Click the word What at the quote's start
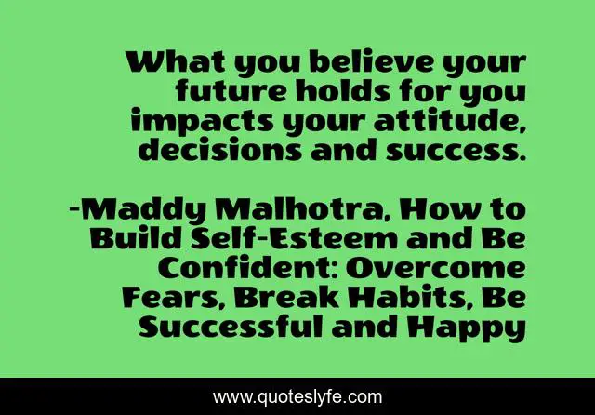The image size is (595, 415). (x=176, y=62)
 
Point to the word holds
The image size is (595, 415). (x=343, y=91)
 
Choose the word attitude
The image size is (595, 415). (x=450, y=121)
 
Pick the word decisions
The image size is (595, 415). (x=219, y=149)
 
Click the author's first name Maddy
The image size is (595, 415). (x=144, y=210)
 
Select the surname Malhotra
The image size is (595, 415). (x=300, y=209)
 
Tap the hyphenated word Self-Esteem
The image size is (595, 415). (x=294, y=238)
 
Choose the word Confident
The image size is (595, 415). (x=247, y=268)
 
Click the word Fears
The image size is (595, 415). (x=174, y=298)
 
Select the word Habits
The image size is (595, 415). (x=411, y=298)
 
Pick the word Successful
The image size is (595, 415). (x=231, y=327)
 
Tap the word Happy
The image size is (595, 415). (x=467, y=328)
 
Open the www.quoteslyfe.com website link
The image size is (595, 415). (x=297, y=397)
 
